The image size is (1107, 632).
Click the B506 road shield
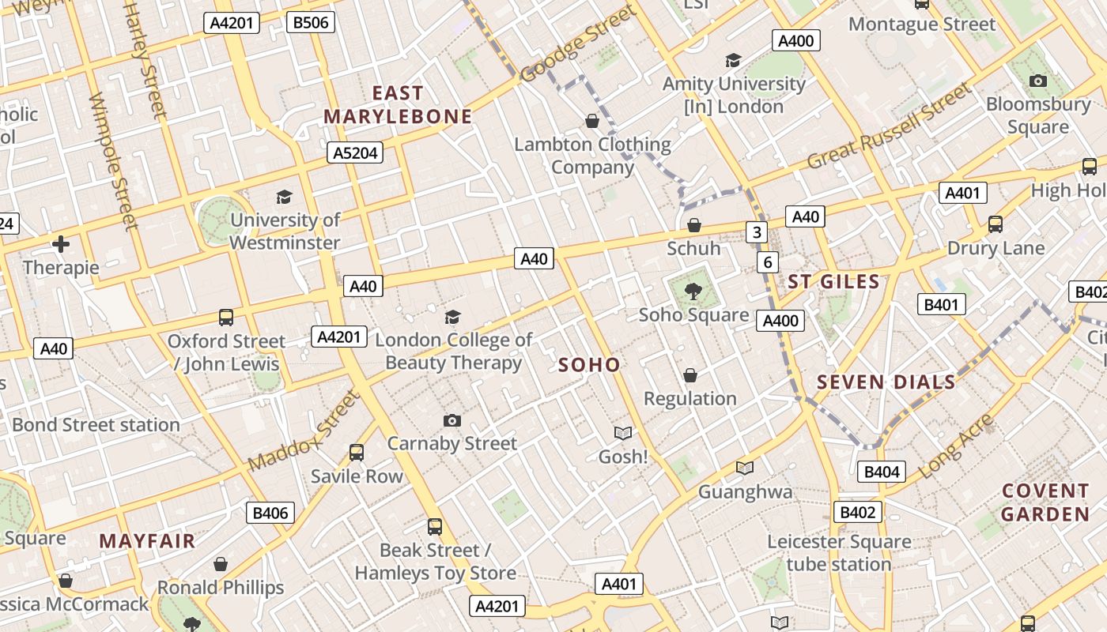[311, 22]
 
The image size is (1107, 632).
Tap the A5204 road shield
[355, 152]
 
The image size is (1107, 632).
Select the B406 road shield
[270, 513]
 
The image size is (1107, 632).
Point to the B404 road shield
[881, 472]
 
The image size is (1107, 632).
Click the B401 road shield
[941, 305]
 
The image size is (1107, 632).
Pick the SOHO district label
[589, 365]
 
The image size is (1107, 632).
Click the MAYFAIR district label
[147, 541]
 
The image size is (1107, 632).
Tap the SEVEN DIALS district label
[886, 382]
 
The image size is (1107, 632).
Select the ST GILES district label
[833, 282]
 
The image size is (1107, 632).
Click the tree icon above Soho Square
[693, 292]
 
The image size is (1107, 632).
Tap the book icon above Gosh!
[623, 433]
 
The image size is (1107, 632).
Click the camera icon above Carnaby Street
[452, 420]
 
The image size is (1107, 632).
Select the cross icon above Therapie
[61, 244]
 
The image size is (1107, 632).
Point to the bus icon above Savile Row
[357, 453]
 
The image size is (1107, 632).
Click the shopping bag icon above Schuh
[694, 225]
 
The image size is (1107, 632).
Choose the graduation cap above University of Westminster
[284, 197]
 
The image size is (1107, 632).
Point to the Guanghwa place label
[745, 492]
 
